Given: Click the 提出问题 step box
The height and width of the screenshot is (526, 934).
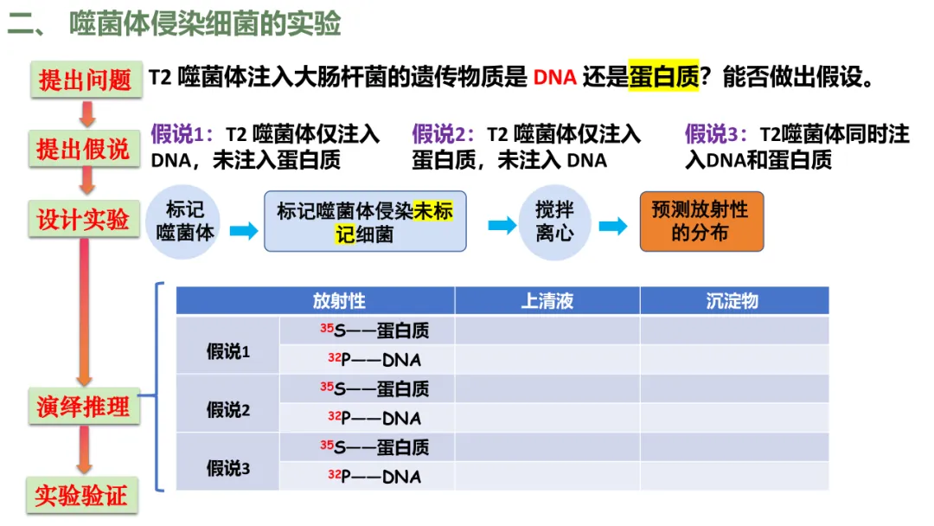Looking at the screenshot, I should (85, 80).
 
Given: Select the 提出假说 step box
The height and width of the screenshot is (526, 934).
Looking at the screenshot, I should (83, 149).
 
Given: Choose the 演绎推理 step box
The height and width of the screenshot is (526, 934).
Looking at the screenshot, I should (83, 406).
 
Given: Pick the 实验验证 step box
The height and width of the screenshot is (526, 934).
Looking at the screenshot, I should (81, 495).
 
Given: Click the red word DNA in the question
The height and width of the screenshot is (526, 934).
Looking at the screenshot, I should (554, 78).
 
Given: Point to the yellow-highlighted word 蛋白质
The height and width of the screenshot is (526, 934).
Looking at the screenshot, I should (663, 78).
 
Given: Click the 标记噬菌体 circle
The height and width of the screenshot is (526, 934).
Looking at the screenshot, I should (183, 221).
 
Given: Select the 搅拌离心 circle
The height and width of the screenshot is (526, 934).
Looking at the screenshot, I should (554, 221).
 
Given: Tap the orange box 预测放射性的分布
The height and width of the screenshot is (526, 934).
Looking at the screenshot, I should (701, 221).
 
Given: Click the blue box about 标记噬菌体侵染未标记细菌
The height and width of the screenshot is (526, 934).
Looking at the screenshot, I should (364, 221).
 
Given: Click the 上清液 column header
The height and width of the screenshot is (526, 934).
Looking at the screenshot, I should (547, 301).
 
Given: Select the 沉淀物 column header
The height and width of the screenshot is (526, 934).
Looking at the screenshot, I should (733, 301).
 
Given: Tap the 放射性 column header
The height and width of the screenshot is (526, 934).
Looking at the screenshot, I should (339, 301).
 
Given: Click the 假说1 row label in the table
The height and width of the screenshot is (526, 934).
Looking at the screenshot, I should (227, 351).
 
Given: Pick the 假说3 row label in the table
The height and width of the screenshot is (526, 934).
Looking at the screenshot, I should (227, 469).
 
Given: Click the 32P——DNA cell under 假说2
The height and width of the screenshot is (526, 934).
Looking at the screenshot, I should (374, 419).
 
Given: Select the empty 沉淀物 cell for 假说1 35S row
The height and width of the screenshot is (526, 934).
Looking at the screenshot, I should (733, 331).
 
